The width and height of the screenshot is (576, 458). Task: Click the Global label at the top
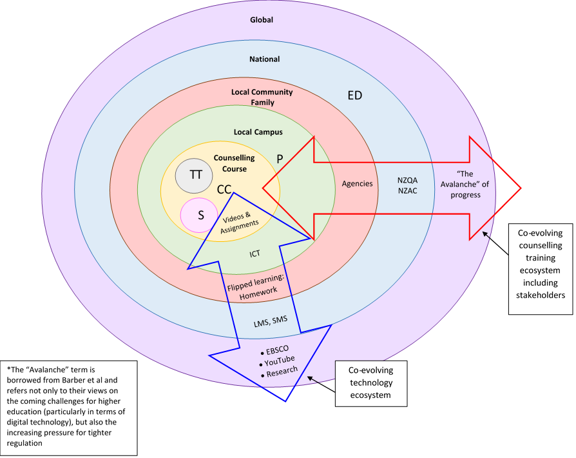tap(262, 20)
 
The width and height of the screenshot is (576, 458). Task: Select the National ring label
tap(264, 59)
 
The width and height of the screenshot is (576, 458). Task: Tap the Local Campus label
tap(258, 132)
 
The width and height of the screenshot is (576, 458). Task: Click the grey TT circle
tap(195, 175)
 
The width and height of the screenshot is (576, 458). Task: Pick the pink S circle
tap(200, 215)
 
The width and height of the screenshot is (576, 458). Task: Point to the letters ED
tap(354, 95)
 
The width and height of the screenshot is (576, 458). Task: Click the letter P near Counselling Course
tap(280, 158)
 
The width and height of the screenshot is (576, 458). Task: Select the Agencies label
tap(357, 184)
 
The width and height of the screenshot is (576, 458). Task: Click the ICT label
tap(255, 254)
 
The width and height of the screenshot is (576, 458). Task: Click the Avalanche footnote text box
tap(68, 406)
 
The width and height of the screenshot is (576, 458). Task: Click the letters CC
tap(224, 190)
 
